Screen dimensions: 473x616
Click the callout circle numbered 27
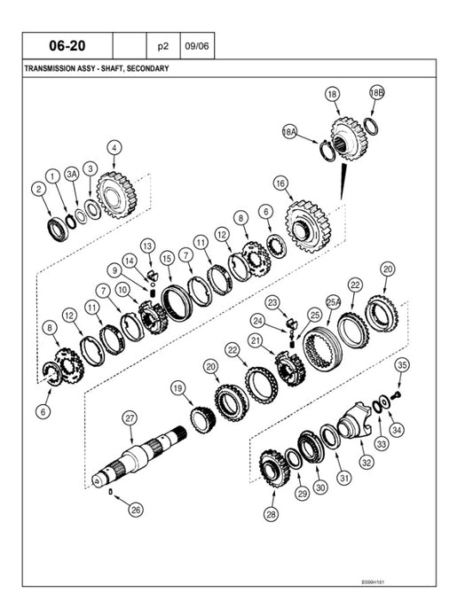[x=130, y=418]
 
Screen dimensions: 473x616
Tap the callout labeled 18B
[x=376, y=93]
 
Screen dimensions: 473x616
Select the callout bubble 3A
[x=72, y=174]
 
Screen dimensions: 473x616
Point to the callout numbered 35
[x=401, y=365]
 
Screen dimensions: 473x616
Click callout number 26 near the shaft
[x=136, y=510]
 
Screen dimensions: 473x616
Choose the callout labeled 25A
[x=334, y=302]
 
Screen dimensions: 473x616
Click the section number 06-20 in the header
[x=67, y=45]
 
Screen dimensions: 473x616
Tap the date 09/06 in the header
[x=197, y=46]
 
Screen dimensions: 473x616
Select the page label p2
[x=162, y=46]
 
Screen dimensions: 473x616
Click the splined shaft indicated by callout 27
[x=139, y=454]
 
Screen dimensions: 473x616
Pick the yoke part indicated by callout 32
[x=354, y=420]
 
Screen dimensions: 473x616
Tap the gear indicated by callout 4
[x=115, y=195]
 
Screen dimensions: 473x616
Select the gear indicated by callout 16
[x=308, y=227]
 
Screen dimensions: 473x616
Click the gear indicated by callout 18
[x=349, y=138]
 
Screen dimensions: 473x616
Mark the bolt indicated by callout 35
[x=397, y=394]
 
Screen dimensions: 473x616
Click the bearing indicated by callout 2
[x=58, y=229]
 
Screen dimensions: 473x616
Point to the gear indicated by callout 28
[x=275, y=469]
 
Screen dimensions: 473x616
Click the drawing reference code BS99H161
[x=373, y=582]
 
